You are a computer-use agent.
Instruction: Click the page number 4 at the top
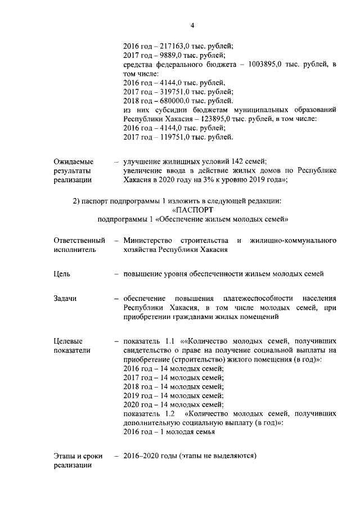click(x=192, y=26)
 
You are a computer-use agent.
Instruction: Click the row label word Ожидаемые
click(x=74, y=161)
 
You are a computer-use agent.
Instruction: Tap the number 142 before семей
click(x=222, y=161)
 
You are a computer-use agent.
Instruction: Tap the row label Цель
click(x=62, y=274)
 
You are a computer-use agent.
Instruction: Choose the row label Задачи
click(x=65, y=299)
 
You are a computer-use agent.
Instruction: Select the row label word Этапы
click(x=65, y=456)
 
